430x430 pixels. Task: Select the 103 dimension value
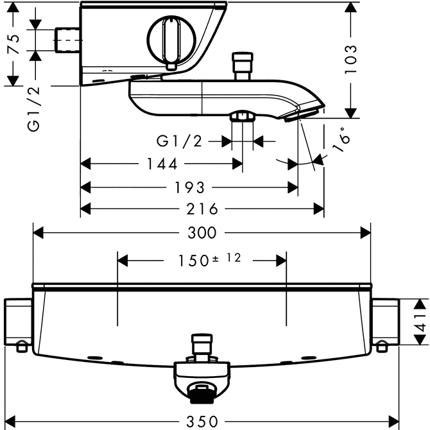click(350, 60)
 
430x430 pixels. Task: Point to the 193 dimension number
click(191, 187)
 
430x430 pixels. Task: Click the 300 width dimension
click(202, 232)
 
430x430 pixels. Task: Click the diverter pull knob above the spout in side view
click(243, 66)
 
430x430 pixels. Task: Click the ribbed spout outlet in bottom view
click(203, 391)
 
